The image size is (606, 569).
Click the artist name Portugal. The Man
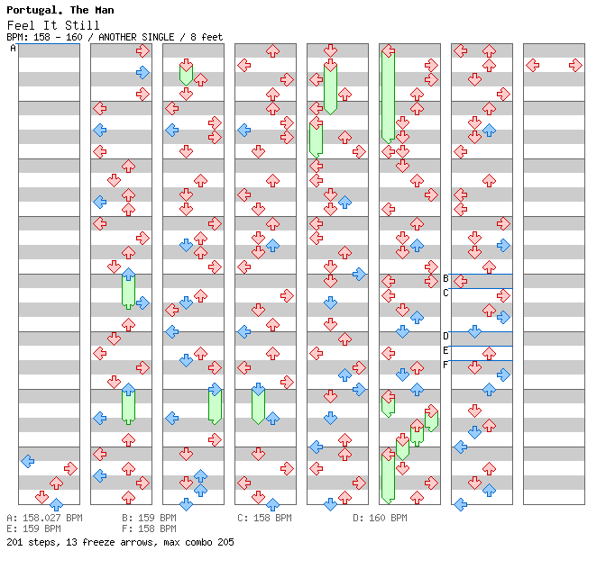[x=60, y=10]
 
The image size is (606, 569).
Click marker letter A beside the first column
[x=13, y=49]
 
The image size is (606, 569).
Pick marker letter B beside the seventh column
[x=445, y=278]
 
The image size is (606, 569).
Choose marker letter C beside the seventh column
[x=445, y=293]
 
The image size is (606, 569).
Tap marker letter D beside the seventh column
[x=445, y=336]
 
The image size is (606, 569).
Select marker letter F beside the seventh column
[x=445, y=365]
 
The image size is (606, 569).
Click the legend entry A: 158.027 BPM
[x=44, y=519]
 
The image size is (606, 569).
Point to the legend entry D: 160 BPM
[x=380, y=519]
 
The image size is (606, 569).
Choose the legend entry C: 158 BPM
[x=264, y=519]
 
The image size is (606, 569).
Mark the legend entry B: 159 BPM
[x=149, y=519]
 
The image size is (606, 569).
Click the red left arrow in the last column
[x=533, y=65]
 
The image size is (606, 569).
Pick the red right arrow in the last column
[x=575, y=65]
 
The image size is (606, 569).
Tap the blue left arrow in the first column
[x=28, y=461]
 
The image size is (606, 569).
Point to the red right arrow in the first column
[x=70, y=468]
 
